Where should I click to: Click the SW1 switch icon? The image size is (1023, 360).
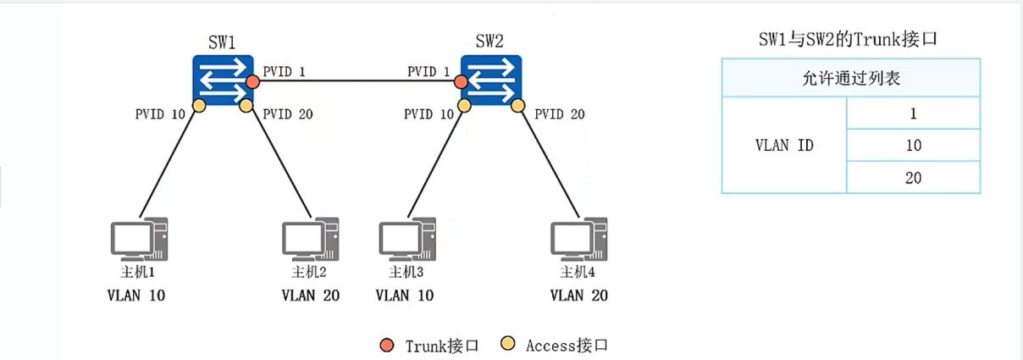click(x=223, y=81)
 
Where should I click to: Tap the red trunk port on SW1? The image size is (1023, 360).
click(x=252, y=82)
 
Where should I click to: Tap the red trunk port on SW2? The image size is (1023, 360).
click(x=460, y=82)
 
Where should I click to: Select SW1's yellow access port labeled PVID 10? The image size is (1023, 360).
click(x=199, y=106)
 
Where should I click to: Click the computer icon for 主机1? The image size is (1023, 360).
click(x=139, y=239)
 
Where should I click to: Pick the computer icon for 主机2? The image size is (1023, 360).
click(x=310, y=239)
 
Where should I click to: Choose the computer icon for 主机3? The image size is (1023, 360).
click(x=406, y=239)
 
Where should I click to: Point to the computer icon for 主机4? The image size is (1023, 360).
click(x=578, y=239)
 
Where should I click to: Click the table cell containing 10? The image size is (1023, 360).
click(x=913, y=146)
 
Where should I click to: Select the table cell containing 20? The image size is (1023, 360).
click(x=913, y=178)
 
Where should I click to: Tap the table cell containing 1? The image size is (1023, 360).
click(x=913, y=114)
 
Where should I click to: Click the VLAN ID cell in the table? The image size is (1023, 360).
click(x=784, y=145)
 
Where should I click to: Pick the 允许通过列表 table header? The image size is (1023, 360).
click(x=850, y=79)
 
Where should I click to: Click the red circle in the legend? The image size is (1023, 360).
click(x=387, y=345)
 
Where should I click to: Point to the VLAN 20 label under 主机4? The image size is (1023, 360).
click(x=578, y=296)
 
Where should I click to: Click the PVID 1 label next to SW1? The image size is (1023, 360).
click(x=284, y=71)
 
